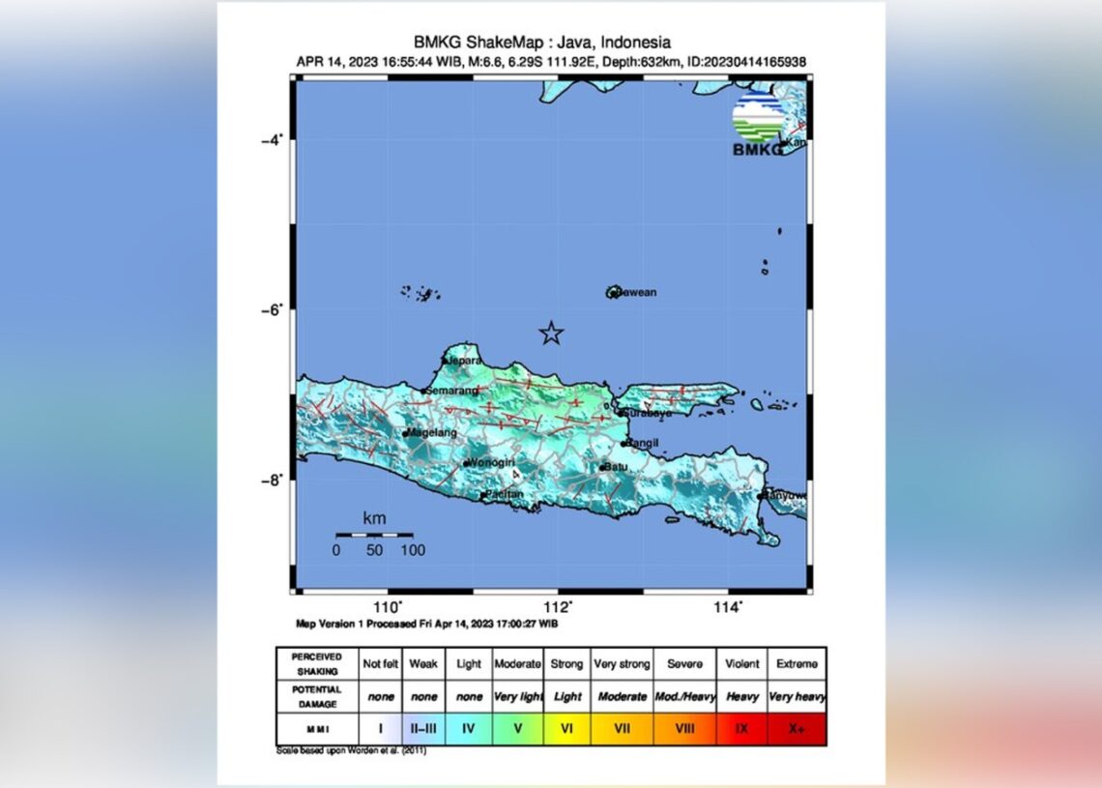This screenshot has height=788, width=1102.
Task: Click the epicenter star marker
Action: (551, 333)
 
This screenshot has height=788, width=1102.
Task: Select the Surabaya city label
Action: (649, 413)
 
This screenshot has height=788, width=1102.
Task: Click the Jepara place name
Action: (465, 361)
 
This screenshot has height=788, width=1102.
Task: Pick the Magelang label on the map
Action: (432, 432)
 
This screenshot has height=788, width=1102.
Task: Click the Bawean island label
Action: (635, 292)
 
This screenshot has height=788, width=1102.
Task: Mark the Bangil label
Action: (644, 443)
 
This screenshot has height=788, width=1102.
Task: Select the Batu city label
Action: (617, 467)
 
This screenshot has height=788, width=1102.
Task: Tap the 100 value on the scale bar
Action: (413, 550)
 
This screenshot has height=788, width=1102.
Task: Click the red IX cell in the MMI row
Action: (742, 728)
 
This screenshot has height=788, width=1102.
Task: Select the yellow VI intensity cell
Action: (566, 728)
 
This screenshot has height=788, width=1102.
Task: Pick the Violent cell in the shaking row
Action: (742, 664)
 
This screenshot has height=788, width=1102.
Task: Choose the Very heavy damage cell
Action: (797, 696)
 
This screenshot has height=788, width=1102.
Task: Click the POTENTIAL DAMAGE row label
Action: (317, 696)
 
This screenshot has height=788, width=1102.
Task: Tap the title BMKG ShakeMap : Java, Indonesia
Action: (542, 43)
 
